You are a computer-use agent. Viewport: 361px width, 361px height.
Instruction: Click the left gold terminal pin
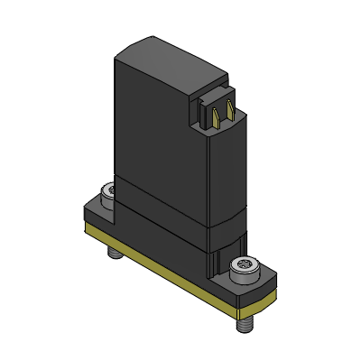coord(217,114)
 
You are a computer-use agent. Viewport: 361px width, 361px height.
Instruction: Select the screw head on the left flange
coord(107,192)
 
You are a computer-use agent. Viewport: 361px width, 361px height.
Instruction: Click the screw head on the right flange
coord(245,267)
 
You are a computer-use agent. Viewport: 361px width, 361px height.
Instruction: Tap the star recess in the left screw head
coord(107,191)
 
